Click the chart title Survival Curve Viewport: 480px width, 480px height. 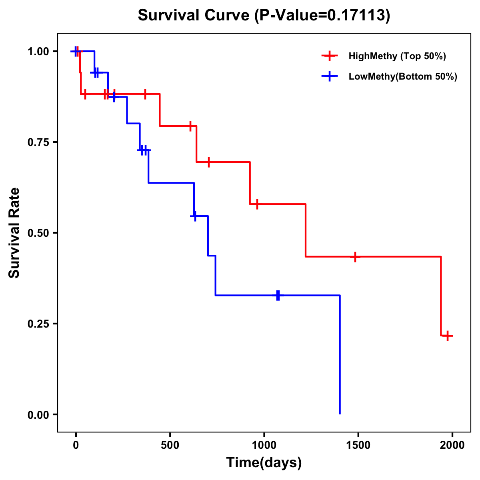195,16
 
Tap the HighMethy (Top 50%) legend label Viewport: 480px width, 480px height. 397,56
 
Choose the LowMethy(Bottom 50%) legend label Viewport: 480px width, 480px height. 403,76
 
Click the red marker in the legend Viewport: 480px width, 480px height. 329,56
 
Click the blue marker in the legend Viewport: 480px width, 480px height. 329,76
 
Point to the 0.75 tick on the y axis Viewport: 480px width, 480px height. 38,142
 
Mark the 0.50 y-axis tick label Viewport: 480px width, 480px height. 38,233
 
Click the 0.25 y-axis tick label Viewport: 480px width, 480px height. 38,324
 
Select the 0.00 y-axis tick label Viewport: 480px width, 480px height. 38,415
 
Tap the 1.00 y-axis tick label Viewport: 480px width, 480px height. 38,52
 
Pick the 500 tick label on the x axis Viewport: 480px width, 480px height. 170,445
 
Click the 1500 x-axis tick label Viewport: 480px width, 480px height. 358,445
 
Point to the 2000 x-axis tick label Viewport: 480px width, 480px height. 452,445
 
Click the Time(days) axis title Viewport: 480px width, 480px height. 264,463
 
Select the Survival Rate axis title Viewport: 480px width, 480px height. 15,232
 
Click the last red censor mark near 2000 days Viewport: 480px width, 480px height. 448,336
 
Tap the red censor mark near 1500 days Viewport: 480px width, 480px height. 355,256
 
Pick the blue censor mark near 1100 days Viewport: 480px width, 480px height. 278,295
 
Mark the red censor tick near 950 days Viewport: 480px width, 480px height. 257,204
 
